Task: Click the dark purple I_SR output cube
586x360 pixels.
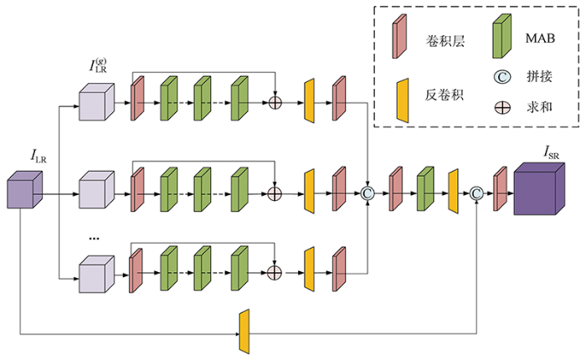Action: [x=539, y=188]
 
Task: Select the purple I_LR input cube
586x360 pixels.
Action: [x=24, y=189]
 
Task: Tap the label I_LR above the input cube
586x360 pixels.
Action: [x=39, y=156]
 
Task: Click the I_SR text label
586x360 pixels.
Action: [x=551, y=152]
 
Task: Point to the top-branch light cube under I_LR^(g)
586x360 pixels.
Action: [x=96, y=101]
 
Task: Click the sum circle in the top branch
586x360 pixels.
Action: [x=275, y=102]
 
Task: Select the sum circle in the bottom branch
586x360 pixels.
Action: [x=275, y=273]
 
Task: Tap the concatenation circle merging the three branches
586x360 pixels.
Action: [x=368, y=193]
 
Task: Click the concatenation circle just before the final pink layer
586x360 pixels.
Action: [x=476, y=193]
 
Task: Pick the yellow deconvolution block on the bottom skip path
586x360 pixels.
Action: [x=244, y=332]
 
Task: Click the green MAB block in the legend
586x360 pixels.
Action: [x=501, y=36]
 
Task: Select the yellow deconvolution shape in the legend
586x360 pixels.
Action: [x=403, y=100]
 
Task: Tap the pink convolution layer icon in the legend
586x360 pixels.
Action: [x=399, y=36]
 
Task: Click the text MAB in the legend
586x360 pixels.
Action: [x=540, y=39]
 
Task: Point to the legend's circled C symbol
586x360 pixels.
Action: [x=502, y=77]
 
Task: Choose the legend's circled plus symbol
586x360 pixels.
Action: [x=502, y=108]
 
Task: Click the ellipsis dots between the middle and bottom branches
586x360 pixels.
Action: [x=94, y=239]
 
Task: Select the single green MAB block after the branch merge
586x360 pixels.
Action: [x=425, y=188]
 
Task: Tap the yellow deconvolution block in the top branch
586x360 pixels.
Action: [x=310, y=101]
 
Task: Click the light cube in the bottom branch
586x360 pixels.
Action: [x=96, y=274]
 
